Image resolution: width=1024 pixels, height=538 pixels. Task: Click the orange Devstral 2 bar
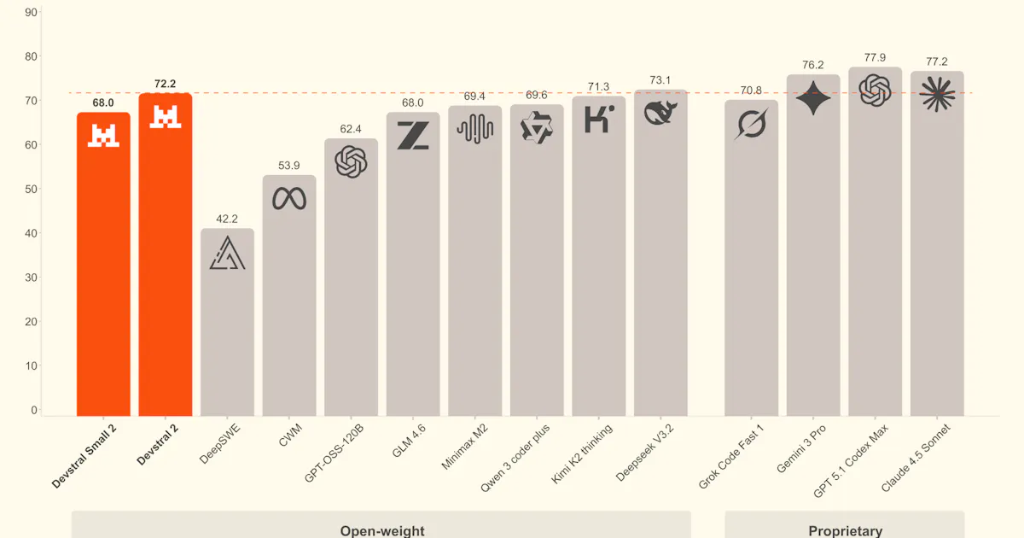click(x=166, y=254)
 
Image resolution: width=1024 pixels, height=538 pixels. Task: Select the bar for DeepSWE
click(x=227, y=322)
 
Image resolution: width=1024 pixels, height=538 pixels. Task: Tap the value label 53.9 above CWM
click(x=289, y=165)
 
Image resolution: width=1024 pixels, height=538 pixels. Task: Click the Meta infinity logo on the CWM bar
click(x=289, y=198)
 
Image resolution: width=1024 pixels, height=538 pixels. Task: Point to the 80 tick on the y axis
click(x=31, y=56)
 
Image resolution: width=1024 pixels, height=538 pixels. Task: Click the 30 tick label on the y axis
click(x=31, y=278)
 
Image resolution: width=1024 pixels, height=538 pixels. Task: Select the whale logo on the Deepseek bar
click(x=660, y=113)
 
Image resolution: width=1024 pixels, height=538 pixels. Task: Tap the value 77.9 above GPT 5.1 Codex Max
click(x=875, y=58)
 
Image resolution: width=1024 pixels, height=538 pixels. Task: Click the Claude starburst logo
click(x=937, y=94)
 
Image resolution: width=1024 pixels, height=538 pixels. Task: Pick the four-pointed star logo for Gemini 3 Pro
click(x=813, y=98)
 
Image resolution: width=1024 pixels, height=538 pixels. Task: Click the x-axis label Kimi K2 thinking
click(x=581, y=453)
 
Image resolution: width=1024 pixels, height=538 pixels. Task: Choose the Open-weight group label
click(x=382, y=530)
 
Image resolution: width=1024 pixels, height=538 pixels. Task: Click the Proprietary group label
click(x=846, y=530)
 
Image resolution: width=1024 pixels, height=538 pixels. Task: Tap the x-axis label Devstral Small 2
click(x=84, y=456)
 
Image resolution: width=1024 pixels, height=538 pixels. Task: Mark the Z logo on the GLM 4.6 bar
click(x=413, y=136)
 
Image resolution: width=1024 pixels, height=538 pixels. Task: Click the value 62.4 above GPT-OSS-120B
click(x=351, y=129)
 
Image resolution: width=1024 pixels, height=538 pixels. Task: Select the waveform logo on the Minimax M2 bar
click(x=475, y=129)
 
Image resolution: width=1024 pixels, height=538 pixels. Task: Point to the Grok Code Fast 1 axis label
click(x=731, y=457)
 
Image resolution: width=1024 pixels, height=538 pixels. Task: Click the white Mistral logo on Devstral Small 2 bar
click(x=103, y=136)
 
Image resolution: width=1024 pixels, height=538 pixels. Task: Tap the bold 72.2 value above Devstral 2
click(x=165, y=84)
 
